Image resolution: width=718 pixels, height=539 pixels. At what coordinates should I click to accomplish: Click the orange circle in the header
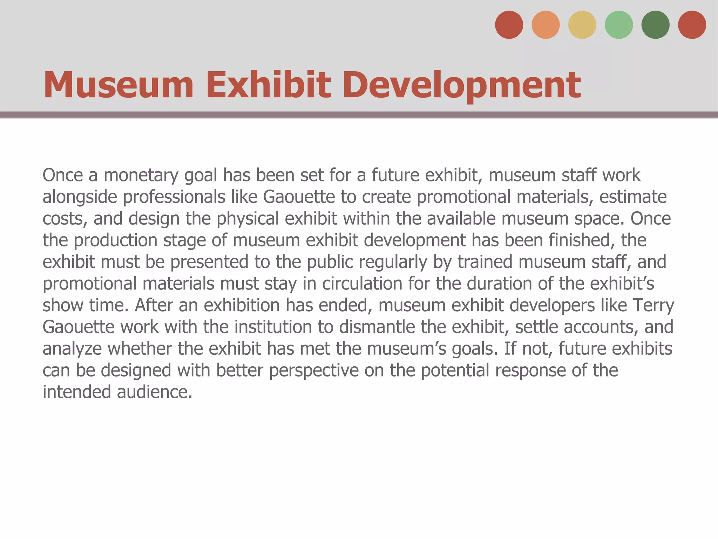pos(546,25)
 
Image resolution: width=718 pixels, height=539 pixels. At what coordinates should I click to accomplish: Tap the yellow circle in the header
pos(582,25)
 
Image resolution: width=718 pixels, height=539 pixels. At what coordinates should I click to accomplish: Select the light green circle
pos(619,25)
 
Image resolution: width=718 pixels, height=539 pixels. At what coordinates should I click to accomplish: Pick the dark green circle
pos(655,25)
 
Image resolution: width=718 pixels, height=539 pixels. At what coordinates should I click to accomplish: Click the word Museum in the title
pos(118,85)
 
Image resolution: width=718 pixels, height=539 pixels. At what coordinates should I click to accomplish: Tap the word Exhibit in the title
pos(268,85)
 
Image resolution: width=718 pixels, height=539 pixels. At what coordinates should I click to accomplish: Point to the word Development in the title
pos(462,85)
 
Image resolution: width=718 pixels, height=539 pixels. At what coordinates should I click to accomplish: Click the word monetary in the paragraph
pos(141,175)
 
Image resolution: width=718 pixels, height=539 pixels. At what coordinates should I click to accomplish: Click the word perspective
pos(314,370)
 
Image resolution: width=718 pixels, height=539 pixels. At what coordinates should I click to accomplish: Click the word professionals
pos(174,197)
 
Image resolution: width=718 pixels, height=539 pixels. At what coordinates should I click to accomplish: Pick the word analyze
pos(72,349)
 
